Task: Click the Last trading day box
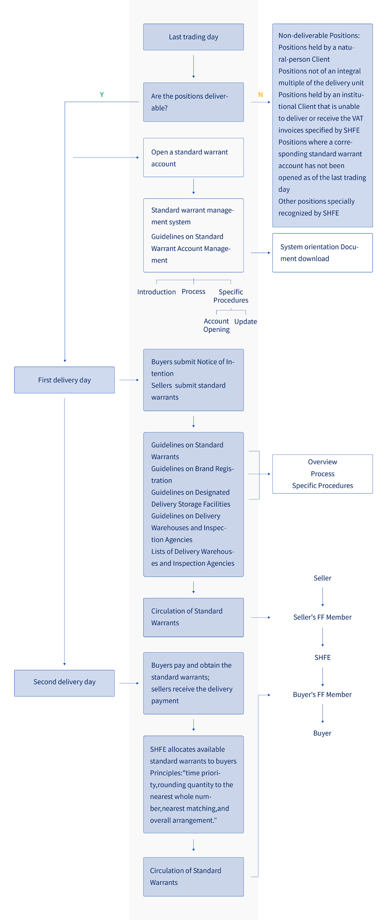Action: (x=193, y=37)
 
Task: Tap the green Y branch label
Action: (x=102, y=95)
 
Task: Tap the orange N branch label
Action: (x=260, y=95)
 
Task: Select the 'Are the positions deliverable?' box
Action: (x=193, y=102)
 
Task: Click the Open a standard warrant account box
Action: (x=193, y=157)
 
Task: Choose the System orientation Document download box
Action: (x=323, y=253)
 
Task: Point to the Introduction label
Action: (x=156, y=292)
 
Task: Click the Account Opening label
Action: (x=216, y=325)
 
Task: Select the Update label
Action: (x=246, y=322)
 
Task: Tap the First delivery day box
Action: (x=64, y=380)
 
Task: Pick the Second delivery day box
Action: (x=64, y=683)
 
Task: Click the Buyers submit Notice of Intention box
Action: (x=193, y=380)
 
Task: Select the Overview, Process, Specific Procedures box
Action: (x=323, y=474)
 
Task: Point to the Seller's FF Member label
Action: (x=323, y=617)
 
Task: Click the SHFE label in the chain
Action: (x=323, y=657)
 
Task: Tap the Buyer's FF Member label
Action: (x=323, y=695)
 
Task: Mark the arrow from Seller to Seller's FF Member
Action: (x=323, y=597)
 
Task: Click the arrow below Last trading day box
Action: (x=193, y=67)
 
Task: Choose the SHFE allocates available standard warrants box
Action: (x=193, y=785)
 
